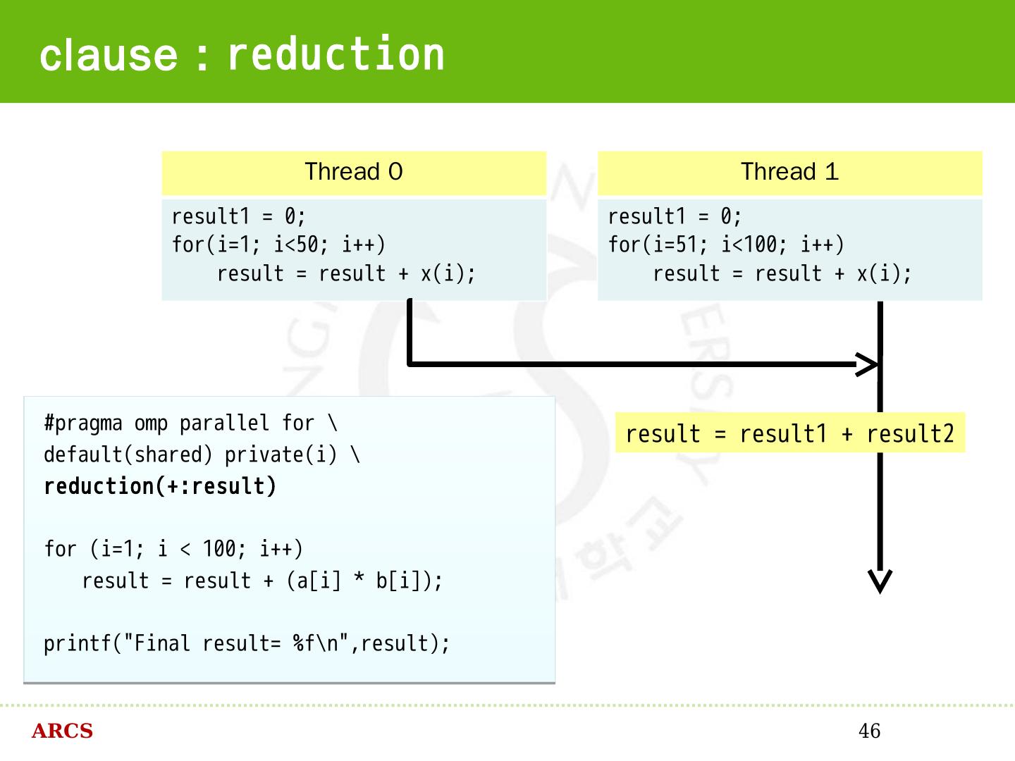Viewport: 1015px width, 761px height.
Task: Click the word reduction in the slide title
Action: [x=336, y=54]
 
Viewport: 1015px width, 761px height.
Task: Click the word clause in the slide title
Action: [x=109, y=56]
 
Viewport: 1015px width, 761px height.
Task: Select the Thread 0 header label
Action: [x=354, y=172]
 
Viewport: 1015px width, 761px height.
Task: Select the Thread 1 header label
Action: [x=789, y=172]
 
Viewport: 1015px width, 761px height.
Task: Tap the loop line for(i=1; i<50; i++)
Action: [x=278, y=245]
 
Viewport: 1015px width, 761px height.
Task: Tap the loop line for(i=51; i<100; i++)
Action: [x=726, y=245]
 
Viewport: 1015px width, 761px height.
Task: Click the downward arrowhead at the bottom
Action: [x=880, y=581]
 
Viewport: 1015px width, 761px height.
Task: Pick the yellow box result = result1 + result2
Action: [x=789, y=433]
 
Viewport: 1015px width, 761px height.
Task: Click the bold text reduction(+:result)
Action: [x=160, y=486]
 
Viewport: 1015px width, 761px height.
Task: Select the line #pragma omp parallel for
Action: [x=190, y=423]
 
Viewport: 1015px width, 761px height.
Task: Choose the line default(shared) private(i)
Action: [x=202, y=455]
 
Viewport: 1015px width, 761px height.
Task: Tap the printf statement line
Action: [x=247, y=643]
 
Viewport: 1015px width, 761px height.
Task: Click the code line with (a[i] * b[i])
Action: [x=262, y=581]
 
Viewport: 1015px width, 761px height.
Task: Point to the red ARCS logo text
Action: [x=62, y=731]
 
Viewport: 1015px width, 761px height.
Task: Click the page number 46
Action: [x=869, y=731]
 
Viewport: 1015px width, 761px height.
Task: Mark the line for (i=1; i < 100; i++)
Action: [x=173, y=549]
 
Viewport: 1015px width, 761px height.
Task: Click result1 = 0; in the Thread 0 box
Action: [x=238, y=216]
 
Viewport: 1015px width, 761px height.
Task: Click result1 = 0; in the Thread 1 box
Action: [x=675, y=216]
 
